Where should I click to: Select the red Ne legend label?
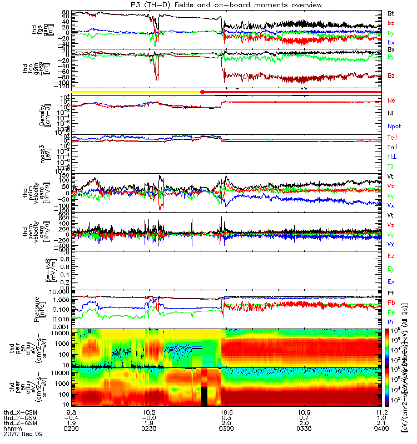393,100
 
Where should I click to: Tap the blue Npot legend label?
394,126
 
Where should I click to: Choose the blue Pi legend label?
392,321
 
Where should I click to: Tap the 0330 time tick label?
304,428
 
